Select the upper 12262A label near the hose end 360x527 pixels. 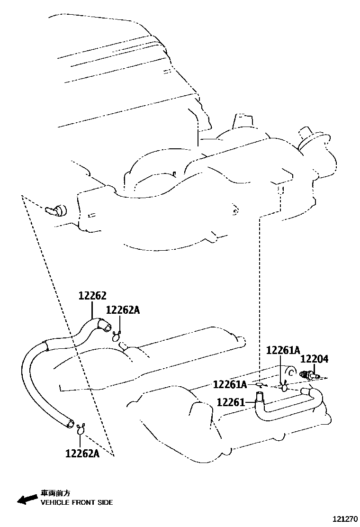tap(123, 310)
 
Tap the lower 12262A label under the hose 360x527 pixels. tap(82, 453)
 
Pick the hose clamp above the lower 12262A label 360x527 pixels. tap(81, 430)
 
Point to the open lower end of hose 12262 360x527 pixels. tap(70, 423)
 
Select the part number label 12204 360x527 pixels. tap(315, 359)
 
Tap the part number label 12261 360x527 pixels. tap(231, 402)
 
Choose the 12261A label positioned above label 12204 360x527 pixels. tap(283, 350)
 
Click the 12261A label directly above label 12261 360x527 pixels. tap(230, 384)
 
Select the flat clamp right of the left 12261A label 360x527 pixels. tap(259, 383)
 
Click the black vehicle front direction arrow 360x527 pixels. tap(27, 499)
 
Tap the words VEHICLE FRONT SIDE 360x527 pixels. tap(77, 502)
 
